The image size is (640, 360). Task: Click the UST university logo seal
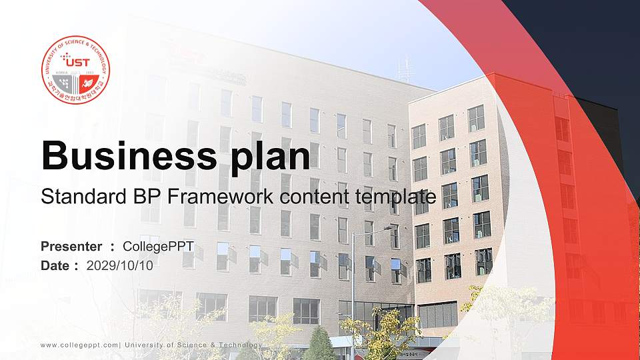75,70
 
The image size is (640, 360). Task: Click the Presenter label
71,247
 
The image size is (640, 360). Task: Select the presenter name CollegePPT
158,247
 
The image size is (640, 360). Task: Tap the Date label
56,265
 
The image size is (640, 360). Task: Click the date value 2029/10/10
119,265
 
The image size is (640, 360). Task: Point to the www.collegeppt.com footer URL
79,345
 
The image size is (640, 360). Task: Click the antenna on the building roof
403,69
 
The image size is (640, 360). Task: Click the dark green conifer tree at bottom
320,345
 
